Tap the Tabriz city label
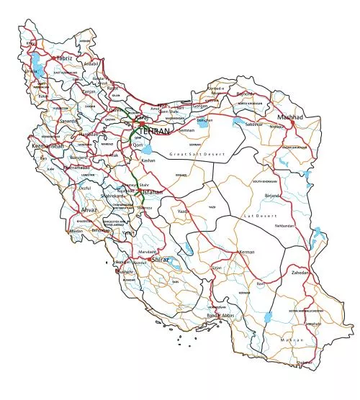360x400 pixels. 63,57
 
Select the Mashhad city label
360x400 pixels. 291,117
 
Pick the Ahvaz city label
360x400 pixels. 89,209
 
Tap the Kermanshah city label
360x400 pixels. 48,145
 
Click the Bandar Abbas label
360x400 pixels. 221,316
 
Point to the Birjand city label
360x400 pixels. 271,195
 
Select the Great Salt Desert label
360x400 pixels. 197,155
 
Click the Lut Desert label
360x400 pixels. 260,216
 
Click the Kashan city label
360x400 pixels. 148,160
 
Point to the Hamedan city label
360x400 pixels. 89,135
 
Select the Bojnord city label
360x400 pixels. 266,94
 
